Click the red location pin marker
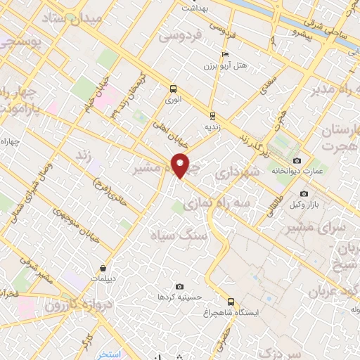click(x=181, y=165)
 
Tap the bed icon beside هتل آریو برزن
click(x=225, y=55)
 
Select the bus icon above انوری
click(x=173, y=89)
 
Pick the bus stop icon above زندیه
click(x=211, y=117)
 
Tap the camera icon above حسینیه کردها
click(x=180, y=286)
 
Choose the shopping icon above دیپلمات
click(x=103, y=267)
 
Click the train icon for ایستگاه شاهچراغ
click(x=231, y=301)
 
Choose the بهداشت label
click(x=198, y=8)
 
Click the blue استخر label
click(x=108, y=354)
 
